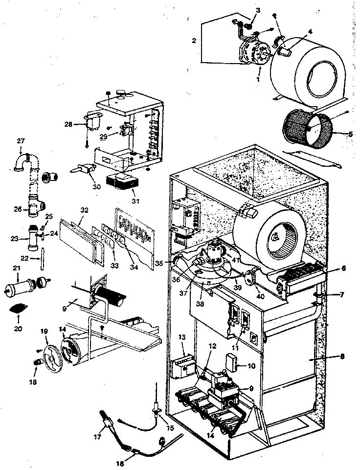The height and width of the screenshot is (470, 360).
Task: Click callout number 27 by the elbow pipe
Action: tap(21, 141)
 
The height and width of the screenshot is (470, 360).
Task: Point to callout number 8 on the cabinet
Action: tap(342, 357)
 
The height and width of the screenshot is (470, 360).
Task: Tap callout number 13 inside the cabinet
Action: tap(182, 337)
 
